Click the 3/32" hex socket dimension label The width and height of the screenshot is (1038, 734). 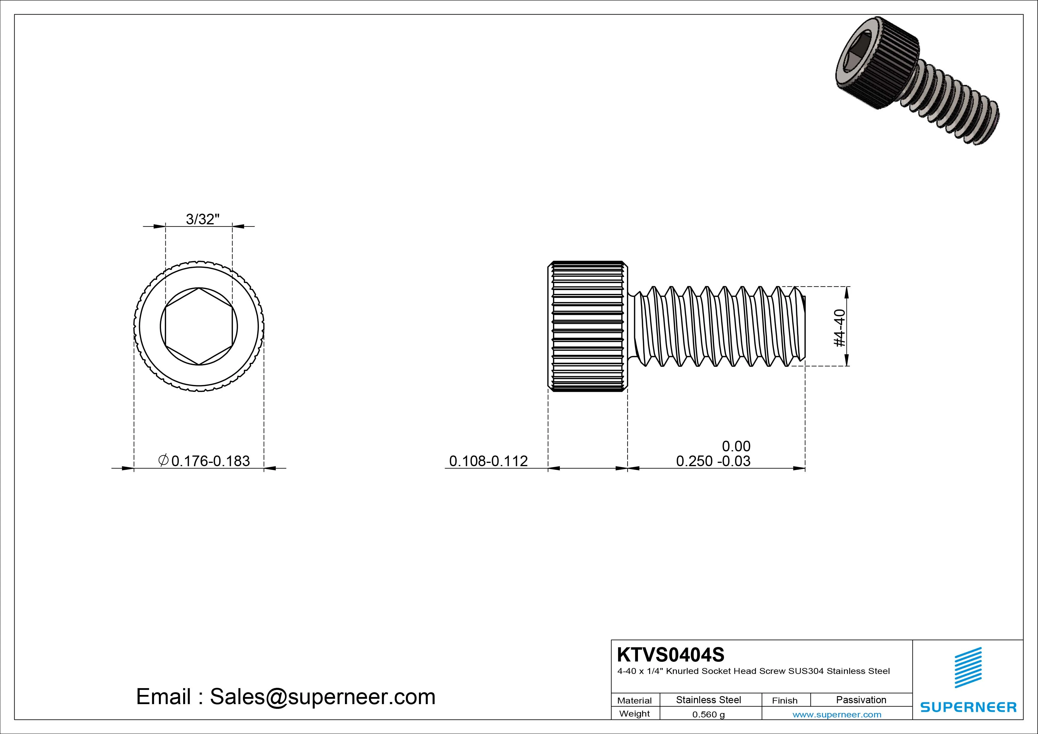pos(202,219)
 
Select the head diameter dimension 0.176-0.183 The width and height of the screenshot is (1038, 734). pos(210,461)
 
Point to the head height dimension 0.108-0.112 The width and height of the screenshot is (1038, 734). pos(488,461)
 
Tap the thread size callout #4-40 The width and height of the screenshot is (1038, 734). pos(839,328)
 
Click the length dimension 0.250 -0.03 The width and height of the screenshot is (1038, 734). pos(713,461)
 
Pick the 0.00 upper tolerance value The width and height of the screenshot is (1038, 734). pos(736,446)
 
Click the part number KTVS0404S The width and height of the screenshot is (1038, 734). pos(670,654)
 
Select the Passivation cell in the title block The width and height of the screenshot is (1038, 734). pos(861,700)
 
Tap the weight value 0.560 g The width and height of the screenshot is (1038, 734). pos(708,714)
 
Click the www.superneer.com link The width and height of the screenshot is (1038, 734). pos(837,714)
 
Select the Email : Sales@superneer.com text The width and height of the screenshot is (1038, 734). pos(286,696)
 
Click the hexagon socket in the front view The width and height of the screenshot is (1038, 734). pos(199,326)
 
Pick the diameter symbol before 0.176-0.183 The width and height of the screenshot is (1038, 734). pos(164,461)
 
